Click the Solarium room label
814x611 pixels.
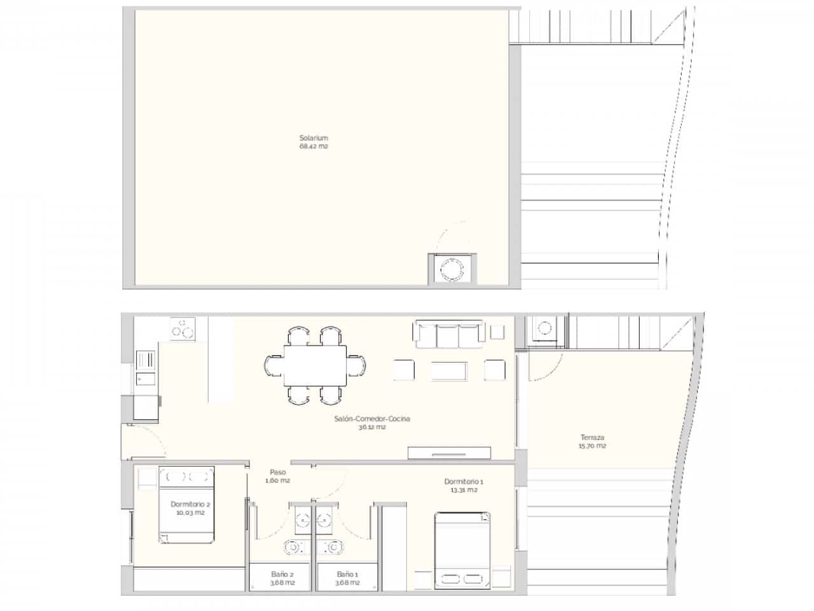click(x=314, y=137)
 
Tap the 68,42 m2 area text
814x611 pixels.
click(x=314, y=146)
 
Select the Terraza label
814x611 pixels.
click(x=592, y=437)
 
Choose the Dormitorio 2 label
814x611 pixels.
click(x=190, y=504)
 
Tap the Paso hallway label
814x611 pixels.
click(x=278, y=472)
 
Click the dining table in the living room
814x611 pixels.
click(x=315, y=365)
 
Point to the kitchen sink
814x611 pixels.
click(x=145, y=379)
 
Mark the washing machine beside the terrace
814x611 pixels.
click(x=546, y=329)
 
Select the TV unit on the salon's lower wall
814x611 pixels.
click(x=449, y=452)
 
